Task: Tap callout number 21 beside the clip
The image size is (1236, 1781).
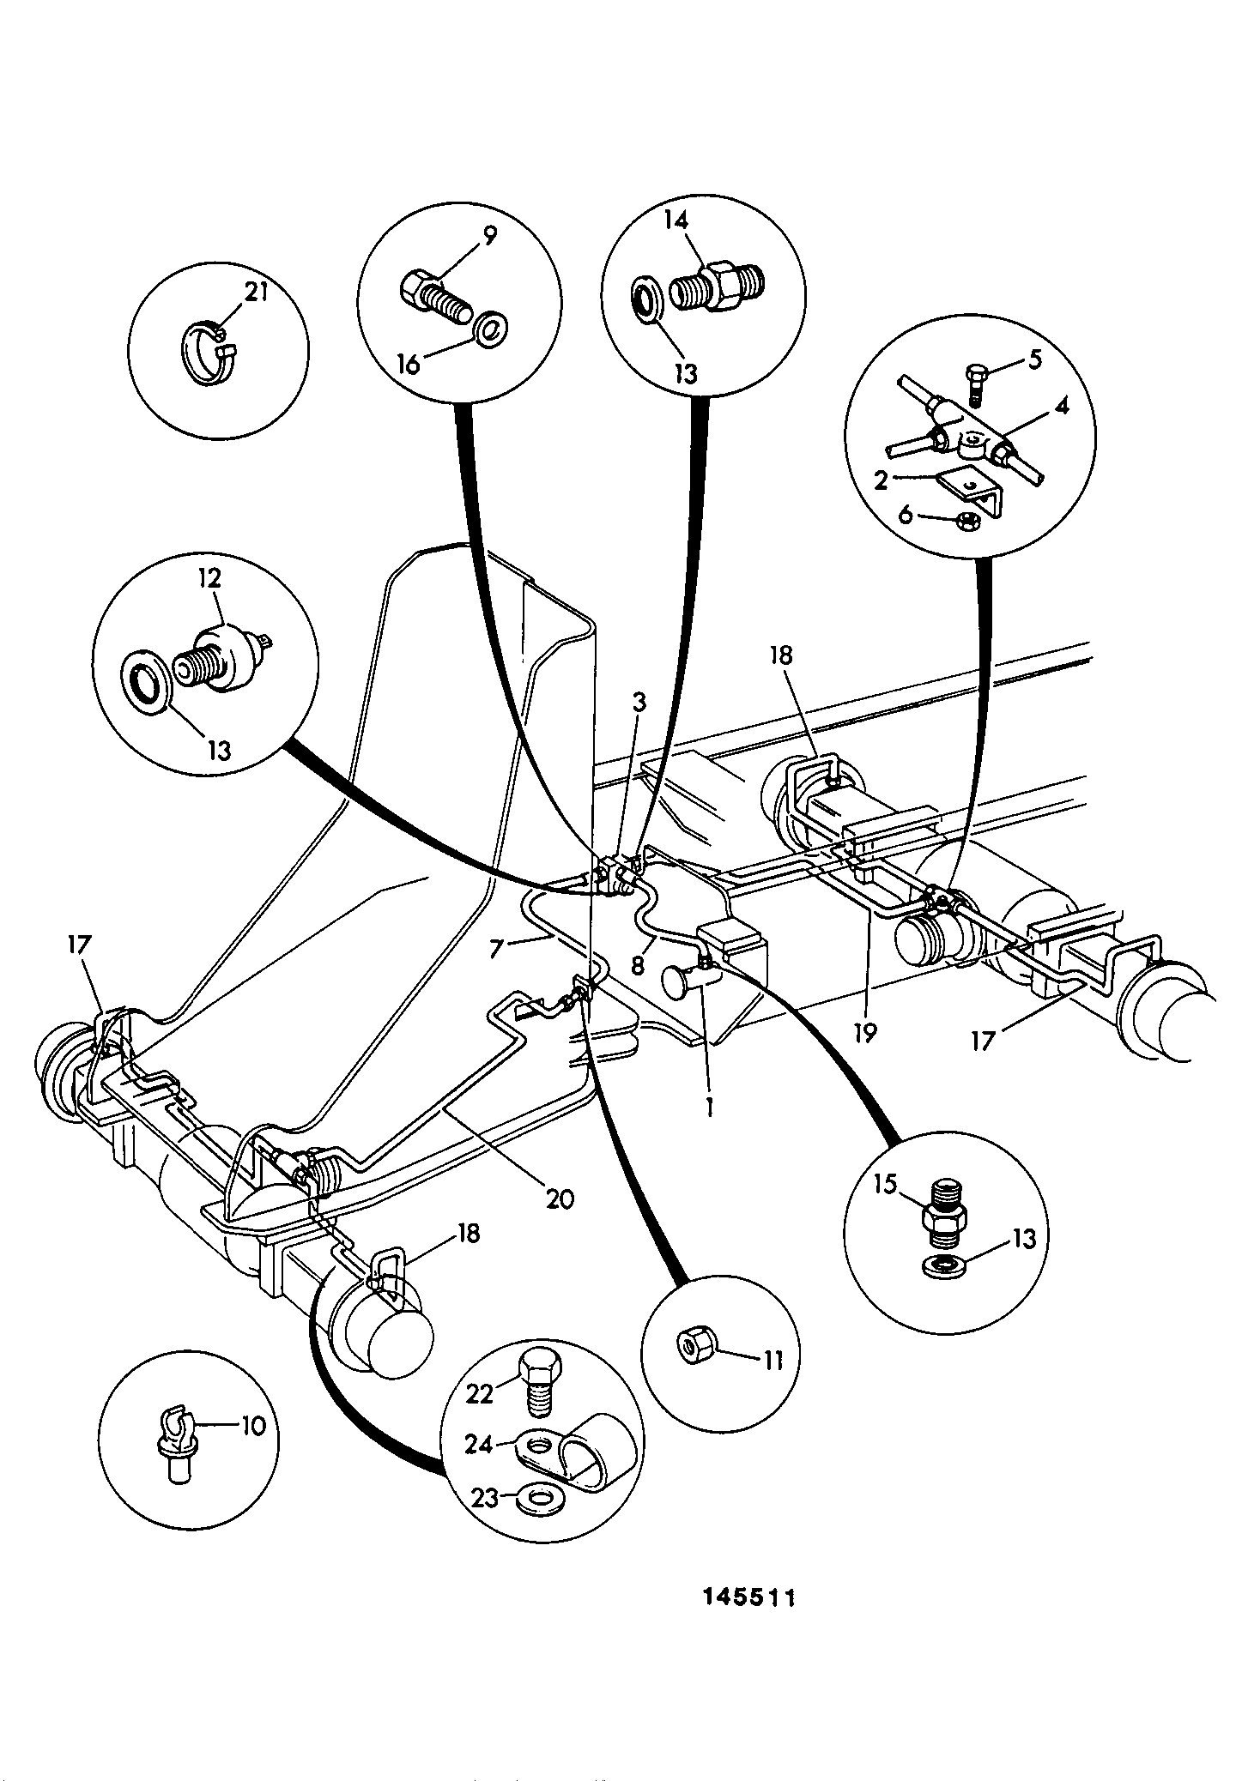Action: tap(257, 293)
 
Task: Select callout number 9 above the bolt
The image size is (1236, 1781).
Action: tap(488, 236)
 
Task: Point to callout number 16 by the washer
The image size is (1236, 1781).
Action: tap(410, 364)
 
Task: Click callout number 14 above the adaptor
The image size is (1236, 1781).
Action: tap(676, 220)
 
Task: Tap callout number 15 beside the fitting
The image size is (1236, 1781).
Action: tap(885, 1185)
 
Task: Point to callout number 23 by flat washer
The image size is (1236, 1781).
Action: tap(486, 1500)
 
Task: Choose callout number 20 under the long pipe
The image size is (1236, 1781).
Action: tap(560, 1198)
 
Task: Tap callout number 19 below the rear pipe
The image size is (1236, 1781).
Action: tap(865, 1034)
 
